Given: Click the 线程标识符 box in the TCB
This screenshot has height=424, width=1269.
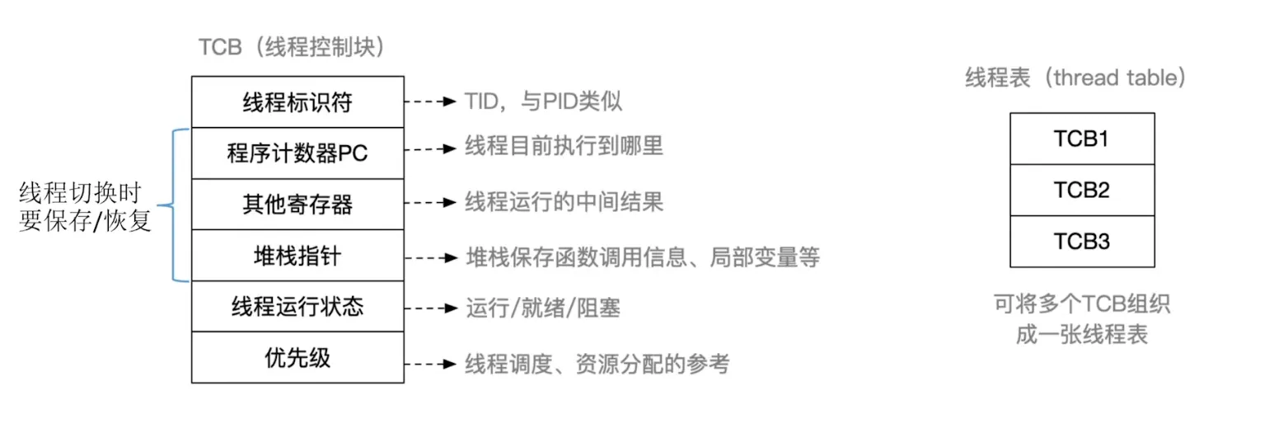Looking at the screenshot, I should coord(297,102).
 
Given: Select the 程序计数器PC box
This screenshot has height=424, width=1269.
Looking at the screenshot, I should coord(297,153).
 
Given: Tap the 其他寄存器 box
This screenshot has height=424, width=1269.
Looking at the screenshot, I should coord(297,204).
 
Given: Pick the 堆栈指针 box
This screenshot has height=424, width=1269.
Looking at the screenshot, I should coord(297,256).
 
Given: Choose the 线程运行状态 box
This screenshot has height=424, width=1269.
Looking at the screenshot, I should coord(297,307).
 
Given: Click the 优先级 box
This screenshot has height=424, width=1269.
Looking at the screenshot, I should coord(297,358).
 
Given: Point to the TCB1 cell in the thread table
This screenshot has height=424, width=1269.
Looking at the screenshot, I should coord(1081,139).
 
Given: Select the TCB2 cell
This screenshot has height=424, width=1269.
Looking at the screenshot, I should coord(1081,191).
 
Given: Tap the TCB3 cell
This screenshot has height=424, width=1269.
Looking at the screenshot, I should coord(1081,242).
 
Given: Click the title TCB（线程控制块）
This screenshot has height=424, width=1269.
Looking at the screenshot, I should coord(293,48).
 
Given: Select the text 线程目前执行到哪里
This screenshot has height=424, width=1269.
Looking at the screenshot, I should coord(564,148).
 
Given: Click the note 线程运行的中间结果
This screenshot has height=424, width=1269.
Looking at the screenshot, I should coord(564,202).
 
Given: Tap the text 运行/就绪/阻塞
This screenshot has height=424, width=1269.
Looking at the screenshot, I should coord(542,309).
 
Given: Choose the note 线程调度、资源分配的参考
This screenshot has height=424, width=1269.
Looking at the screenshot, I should coord(597,363).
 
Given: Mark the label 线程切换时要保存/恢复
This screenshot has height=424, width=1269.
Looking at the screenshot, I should coord(85,208).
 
